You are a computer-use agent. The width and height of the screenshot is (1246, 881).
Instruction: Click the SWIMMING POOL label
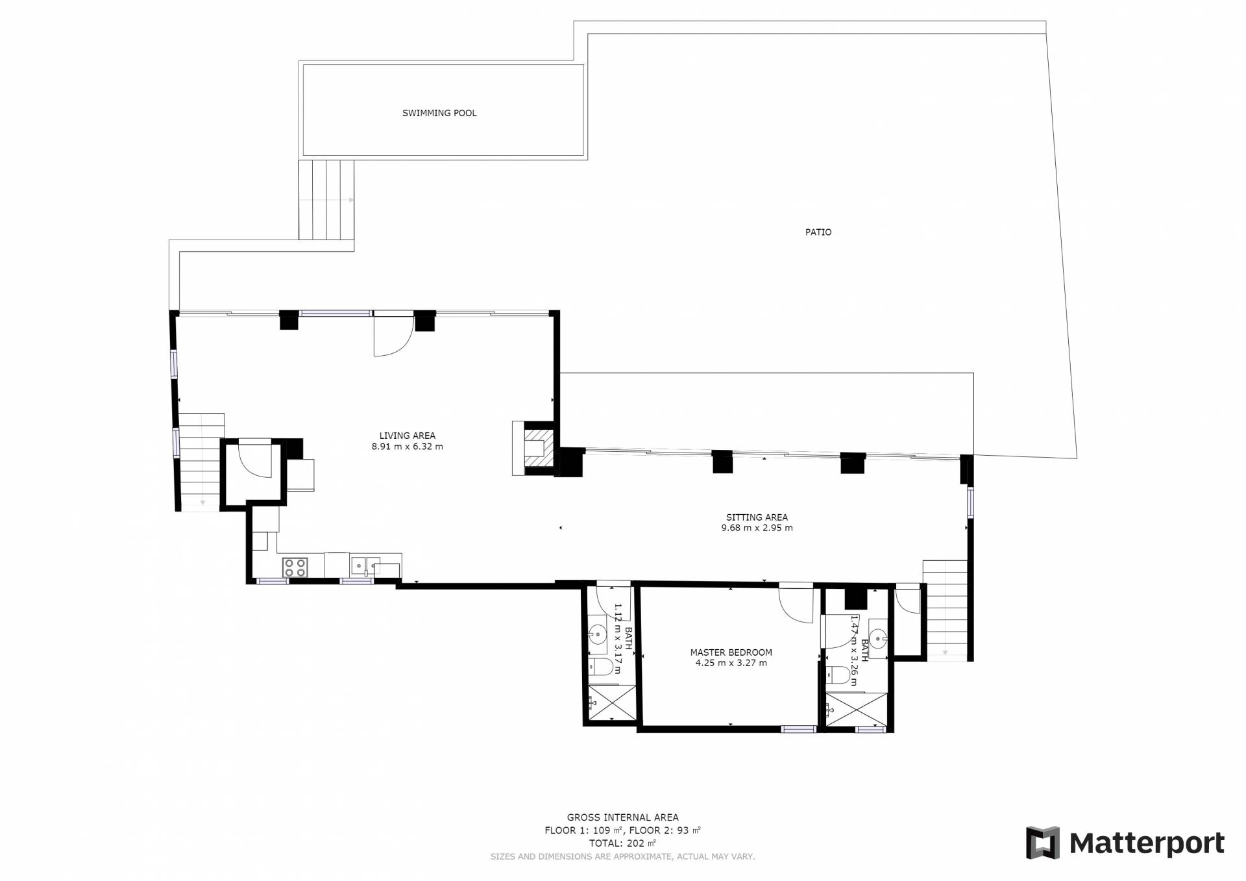point(439,113)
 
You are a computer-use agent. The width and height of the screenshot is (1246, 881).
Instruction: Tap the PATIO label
point(818,232)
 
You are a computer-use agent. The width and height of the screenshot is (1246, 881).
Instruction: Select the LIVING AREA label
point(408,436)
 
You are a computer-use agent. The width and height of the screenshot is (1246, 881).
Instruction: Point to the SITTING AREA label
point(757,517)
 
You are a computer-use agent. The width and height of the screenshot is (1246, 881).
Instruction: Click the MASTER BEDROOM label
point(731,652)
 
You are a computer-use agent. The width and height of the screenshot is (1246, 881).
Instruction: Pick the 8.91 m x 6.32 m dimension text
point(408,447)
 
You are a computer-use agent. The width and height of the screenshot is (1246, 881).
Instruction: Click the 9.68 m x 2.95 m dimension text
point(757,528)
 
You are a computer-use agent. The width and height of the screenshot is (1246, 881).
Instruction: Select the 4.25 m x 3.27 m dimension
point(731,663)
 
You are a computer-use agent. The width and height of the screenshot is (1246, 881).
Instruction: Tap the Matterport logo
point(1126,843)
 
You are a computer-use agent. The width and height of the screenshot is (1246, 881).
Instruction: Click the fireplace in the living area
point(535,448)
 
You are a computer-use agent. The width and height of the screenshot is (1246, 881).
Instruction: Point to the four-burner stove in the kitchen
point(295,567)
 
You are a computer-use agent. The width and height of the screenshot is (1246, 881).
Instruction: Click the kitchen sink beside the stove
point(359,566)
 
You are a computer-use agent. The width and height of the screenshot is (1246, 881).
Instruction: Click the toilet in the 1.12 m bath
point(602,666)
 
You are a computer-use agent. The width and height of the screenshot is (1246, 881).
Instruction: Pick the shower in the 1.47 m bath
point(856,710)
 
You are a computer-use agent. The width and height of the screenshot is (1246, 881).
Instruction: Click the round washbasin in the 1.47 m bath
point(878,639)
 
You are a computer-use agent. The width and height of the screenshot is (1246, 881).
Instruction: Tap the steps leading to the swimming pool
point(326,200)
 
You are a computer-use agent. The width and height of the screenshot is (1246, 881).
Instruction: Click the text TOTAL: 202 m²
point(623,843)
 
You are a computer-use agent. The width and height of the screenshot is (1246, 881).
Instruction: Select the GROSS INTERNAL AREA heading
point(623,817)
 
